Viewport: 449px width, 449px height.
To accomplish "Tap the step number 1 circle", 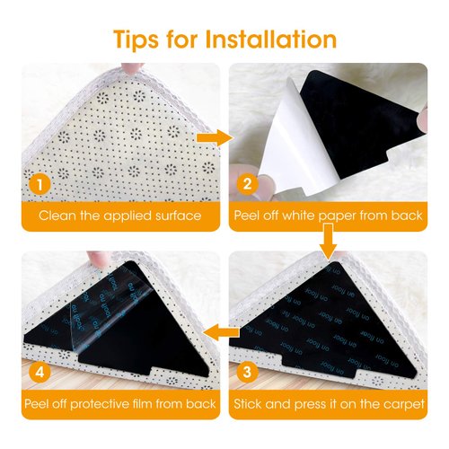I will point(37,184).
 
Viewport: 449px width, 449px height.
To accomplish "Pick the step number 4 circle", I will point(37,371).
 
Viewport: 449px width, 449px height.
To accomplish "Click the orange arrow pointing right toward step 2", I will point(211,137).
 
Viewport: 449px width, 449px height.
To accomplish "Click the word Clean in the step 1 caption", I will point(55,216).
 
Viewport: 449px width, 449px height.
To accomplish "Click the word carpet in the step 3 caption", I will point(401,404).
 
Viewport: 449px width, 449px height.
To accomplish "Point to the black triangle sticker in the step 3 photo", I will point(332,314).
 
